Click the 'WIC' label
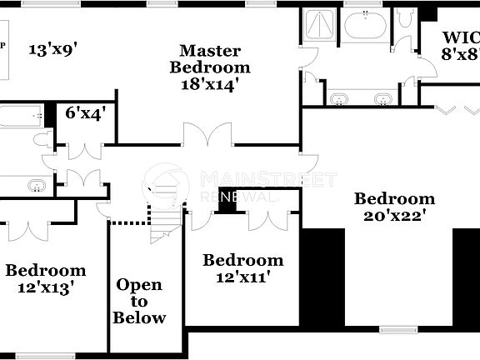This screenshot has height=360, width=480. click(460, 37)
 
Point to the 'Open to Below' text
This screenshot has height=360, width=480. click(139, 301)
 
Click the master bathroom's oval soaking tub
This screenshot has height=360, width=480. click(364, 26)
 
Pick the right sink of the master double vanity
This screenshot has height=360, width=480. click(382, 100)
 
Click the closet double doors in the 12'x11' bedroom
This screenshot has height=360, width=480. click(268, 219)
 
